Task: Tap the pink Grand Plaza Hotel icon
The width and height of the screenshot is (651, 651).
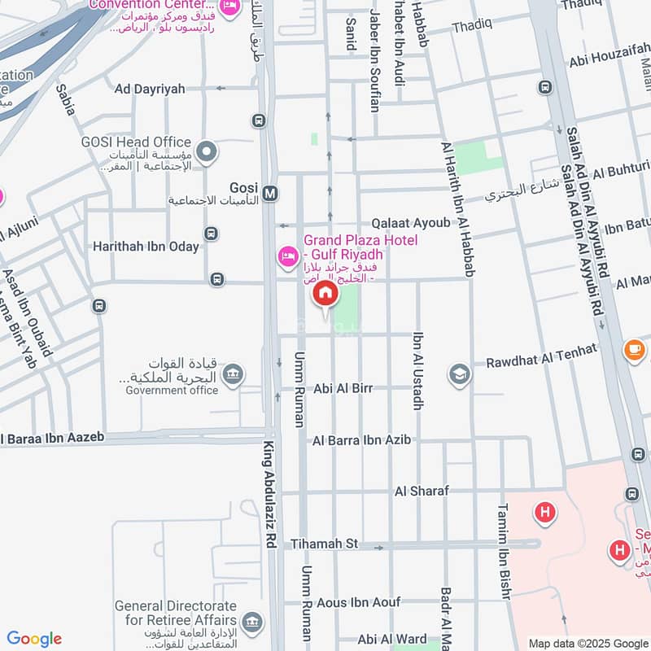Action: pos(287,256)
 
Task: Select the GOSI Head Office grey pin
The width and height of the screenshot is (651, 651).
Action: pos(208,151)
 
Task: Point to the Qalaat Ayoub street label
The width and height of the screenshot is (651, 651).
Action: pos(411,223)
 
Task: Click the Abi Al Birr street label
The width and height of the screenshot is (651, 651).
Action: pos(343,388)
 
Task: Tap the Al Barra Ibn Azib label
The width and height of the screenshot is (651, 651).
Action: pos(362,440)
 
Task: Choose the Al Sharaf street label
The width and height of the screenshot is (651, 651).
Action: pos(422,492)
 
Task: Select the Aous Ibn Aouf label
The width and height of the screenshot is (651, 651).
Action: pos(359,602)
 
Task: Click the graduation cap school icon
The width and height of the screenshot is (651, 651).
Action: pos(459,374)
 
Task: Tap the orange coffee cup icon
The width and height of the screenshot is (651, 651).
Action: pos(635,349)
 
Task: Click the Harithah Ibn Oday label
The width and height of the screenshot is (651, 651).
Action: pos(146,246)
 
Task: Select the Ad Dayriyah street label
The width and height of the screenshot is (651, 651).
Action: pos(151,88)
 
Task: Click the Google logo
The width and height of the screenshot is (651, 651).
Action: pos(34,639)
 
